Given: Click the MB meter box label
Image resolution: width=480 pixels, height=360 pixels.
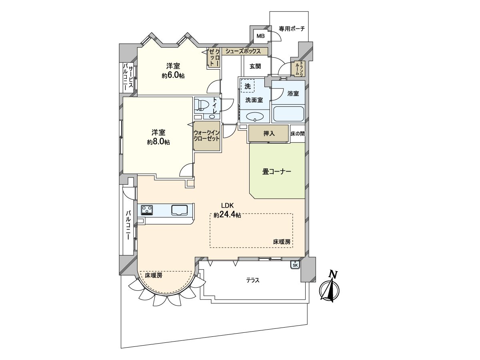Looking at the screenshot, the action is tap(260, 36).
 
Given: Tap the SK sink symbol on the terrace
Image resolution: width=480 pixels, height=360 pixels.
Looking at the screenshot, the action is tap(295, 265).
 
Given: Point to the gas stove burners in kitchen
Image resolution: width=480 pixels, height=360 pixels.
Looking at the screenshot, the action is tap(147, 210).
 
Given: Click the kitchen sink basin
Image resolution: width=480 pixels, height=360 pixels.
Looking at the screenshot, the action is tap(179, 210).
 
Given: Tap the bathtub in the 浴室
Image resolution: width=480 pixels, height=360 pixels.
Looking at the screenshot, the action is tap(288, 114).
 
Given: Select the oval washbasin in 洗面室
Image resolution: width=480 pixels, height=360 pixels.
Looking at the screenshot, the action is tap(255, 116).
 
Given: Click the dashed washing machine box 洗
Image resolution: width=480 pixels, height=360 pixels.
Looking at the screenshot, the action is tap(248, 86).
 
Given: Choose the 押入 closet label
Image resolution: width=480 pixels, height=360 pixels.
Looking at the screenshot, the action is tap(269, 134).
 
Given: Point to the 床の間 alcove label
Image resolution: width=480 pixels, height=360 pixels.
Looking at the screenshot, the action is tap(298, 134).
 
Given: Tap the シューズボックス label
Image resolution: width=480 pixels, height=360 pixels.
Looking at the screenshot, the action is tap(243, 51).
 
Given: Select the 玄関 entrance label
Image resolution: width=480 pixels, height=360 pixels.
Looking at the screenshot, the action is tap(255, 66).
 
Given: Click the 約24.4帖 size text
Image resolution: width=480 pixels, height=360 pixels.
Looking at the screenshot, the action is tap(228, 215).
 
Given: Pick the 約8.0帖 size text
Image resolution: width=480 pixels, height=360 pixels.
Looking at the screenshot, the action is tap(158, 142).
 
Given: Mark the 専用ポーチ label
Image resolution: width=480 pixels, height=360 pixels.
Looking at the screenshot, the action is tap(292, 29).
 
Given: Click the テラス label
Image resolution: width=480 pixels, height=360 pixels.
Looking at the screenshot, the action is tap(253, 280).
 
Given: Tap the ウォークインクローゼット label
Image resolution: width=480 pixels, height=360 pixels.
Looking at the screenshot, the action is tap(207, 136).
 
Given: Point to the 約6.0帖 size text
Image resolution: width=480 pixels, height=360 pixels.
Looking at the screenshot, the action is tap(173, 76).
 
